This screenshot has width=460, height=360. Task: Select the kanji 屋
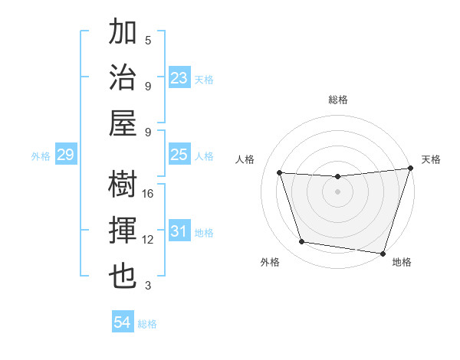[123, 123]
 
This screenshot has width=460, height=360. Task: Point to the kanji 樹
[123, 185]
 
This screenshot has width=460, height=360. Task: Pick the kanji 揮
[123, 231]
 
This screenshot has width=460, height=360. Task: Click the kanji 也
[123, 277]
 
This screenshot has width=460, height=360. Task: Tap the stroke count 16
[149, 194]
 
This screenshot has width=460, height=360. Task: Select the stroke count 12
[149, 240]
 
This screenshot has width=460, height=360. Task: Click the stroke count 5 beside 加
[148, 40]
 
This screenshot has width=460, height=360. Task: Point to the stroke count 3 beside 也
[148, 286]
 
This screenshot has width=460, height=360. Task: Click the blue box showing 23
[179, 78]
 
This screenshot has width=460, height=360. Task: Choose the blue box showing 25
[179, 155]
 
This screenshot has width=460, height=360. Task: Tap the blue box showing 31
[179, 231]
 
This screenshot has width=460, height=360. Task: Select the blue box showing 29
[65, 155]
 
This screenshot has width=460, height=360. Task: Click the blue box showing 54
[122, 322]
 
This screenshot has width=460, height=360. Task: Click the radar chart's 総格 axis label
[337, 100]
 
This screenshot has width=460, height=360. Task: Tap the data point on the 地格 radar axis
[383, 253]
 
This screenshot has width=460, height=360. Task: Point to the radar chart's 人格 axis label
[245, 159]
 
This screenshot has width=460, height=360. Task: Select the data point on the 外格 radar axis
[301, 242]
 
